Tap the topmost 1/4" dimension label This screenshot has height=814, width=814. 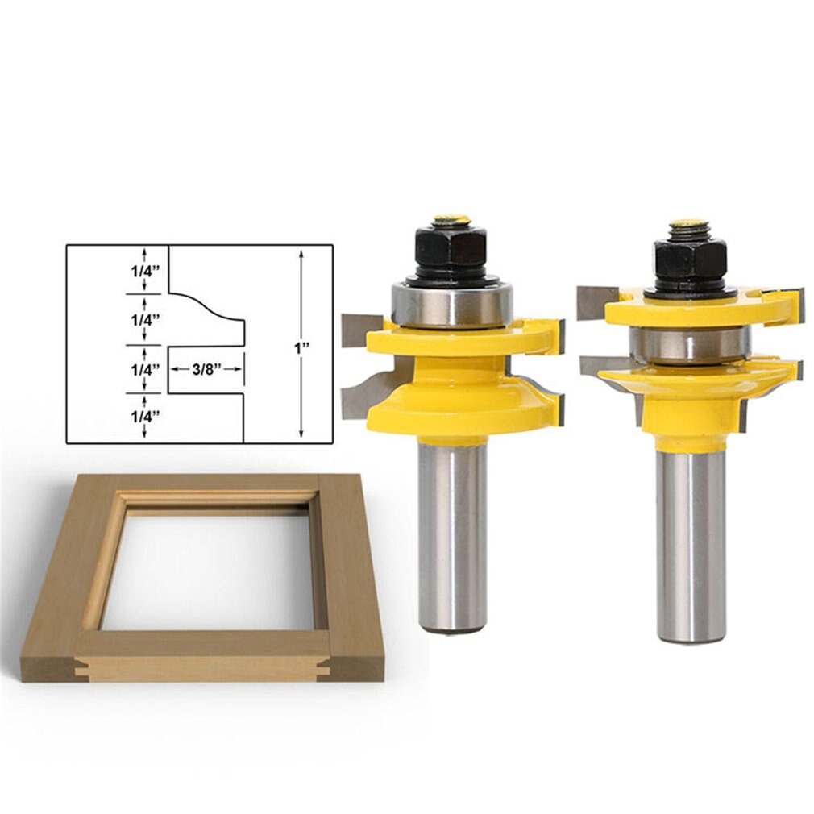pyautogui.click(x=144, y=271)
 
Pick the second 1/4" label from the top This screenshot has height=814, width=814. pyautogui.click(x=144, y=319)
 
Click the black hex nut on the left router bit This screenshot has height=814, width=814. pyautogui.click(x=451, y=247)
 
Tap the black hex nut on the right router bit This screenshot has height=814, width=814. pyautogui.click(x=689, y=260)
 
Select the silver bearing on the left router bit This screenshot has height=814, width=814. pyautogui.click(x=451, y=304)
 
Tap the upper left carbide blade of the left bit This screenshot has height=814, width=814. pyautogui.click(x=355, y=330)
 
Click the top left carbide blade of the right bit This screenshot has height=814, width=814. pyautogui.click(x=596, y=302)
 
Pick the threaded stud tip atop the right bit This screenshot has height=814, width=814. pyautogui.click(x=689, y=227)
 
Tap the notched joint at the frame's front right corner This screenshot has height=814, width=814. pyautogui.click(x=326, y=667)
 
